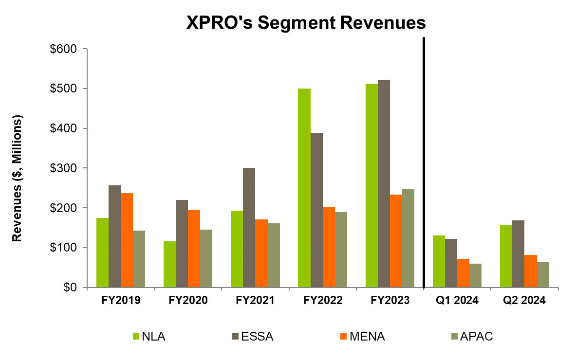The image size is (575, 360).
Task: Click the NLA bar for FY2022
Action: pos(304,188)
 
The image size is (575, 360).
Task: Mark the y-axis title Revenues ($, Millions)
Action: pos(18,179)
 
